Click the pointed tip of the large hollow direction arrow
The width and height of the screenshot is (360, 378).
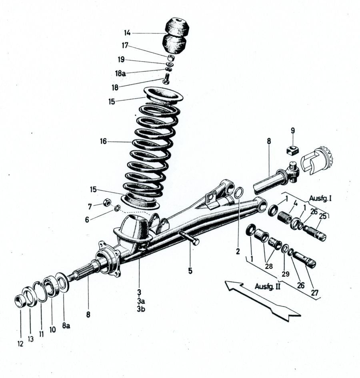coord(225,281)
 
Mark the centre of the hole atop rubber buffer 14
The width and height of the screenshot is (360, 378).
coord(178,20)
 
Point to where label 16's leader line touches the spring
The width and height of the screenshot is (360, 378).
coord(132,142)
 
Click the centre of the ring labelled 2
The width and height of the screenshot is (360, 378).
coord(238,193)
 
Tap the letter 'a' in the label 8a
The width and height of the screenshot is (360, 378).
coord(68,326)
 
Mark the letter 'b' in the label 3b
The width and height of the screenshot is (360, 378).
coord(143,309)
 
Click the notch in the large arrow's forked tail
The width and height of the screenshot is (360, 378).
coord(274,313)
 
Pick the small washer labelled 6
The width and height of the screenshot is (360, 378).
coord(118,208)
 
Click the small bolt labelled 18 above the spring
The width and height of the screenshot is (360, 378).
coord(166,78)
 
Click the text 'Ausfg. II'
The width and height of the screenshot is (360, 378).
coord(268,286)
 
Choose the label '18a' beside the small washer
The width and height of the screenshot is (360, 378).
coord(120,73)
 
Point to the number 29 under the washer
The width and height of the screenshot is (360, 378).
coord(286,274)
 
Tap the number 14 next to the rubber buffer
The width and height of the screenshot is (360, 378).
coord(127,33)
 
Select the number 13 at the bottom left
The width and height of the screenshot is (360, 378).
coord(30,339)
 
